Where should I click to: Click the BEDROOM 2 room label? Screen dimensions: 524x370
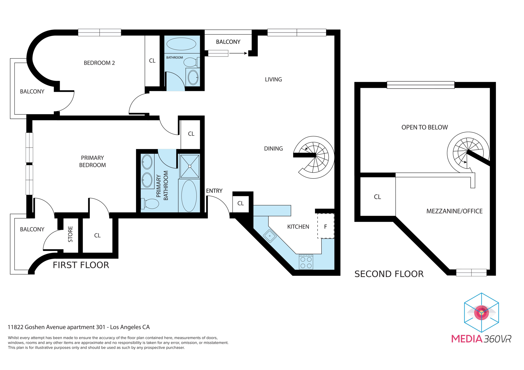point(99,63)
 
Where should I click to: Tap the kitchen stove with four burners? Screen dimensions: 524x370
point(306,262)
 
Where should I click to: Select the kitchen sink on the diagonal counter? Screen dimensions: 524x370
point(270,236)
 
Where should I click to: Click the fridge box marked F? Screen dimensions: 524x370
point(326,226)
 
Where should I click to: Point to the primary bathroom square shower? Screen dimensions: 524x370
point(190,166)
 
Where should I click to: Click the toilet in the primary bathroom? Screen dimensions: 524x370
point(150,204)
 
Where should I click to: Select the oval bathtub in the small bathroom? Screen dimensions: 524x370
point(181,44)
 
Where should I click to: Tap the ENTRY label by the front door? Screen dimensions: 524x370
point(214,191)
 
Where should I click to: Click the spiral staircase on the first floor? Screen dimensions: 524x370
point(314,157)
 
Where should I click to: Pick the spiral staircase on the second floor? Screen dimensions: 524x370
point(468,153)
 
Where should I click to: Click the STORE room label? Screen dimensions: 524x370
point(70,234)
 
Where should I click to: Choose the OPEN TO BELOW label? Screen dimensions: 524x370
point(424,127)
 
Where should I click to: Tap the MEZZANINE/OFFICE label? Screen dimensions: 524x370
point(454,211)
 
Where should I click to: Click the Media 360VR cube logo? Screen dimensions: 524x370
point(482,313)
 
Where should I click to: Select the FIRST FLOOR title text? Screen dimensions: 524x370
point(81,265)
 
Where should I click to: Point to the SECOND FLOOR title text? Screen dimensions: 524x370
point(389,274)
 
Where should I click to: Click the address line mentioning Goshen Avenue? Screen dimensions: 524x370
point(79,327)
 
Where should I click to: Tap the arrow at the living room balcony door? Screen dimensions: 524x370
point(238,53)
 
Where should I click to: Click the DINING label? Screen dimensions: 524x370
point(273,149)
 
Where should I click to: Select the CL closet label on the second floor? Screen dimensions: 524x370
point(377,197)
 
